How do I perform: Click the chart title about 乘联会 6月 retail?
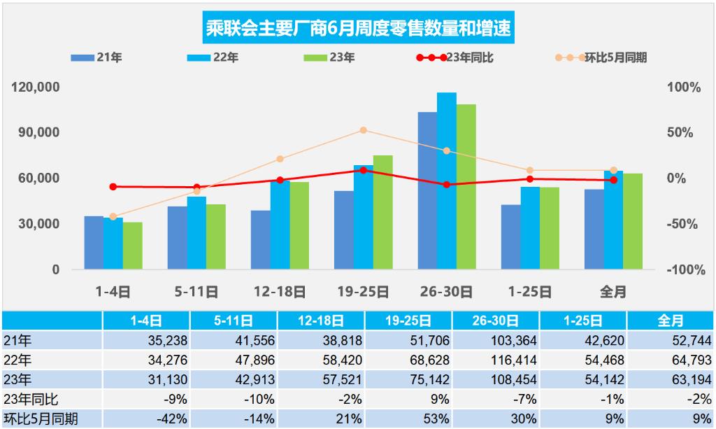point(357,29)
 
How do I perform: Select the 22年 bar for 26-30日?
point(446,181)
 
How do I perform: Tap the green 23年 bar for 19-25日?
point(382,212)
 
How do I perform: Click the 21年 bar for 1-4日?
point(94,242)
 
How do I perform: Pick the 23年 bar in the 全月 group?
point(633,221)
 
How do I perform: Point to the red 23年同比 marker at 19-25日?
point(364,170)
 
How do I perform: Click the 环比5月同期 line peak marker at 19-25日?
point(364,130)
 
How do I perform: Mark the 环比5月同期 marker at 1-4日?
point(113,217)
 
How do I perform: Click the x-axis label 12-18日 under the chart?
point(280,291)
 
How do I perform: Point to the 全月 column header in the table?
point(671,321)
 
